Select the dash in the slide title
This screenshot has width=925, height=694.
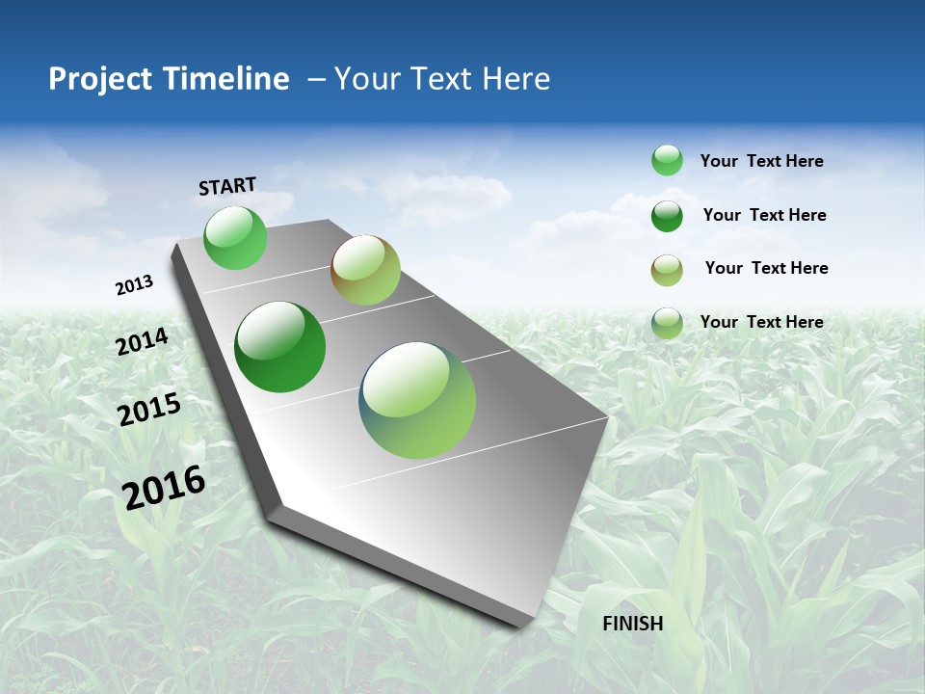316,79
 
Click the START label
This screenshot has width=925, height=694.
227,186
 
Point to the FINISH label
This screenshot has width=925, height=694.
633,624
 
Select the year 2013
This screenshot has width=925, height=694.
134,285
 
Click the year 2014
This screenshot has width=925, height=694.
143,342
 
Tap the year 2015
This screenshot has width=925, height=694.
149,410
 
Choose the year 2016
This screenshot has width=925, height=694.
164,487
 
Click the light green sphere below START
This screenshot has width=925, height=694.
235,237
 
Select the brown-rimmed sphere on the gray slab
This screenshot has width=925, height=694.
365,270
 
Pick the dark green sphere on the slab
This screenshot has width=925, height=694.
279,347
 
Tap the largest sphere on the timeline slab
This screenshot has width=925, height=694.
417,400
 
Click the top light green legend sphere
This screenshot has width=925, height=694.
667,160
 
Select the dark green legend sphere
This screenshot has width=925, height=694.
667,215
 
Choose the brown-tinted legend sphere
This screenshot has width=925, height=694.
667,269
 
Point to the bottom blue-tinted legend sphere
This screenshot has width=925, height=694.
667,323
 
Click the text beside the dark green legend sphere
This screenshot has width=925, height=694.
764,215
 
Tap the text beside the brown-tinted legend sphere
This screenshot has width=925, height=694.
766,268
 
